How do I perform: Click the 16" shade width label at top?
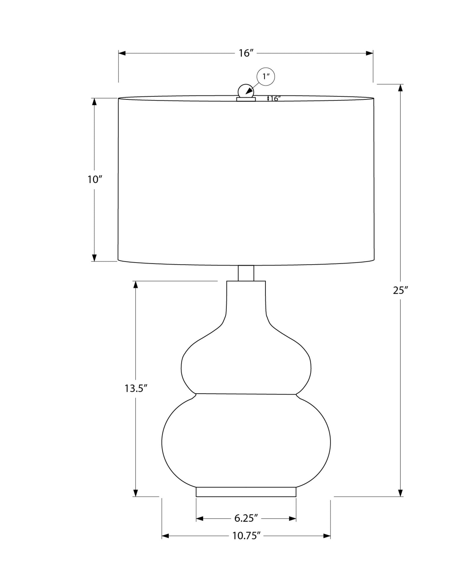246,53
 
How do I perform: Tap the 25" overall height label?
400,290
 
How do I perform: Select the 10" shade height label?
95,180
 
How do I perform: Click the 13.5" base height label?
136,388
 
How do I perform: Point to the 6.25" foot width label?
246,518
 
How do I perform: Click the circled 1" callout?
265,77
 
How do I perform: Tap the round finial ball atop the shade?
246,91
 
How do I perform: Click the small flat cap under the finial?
246,99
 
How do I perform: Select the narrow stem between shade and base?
246,273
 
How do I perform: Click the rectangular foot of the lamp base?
246,492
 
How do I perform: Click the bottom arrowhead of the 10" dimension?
94,258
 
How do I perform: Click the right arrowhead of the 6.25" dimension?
293,519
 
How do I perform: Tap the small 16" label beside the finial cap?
275,99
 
